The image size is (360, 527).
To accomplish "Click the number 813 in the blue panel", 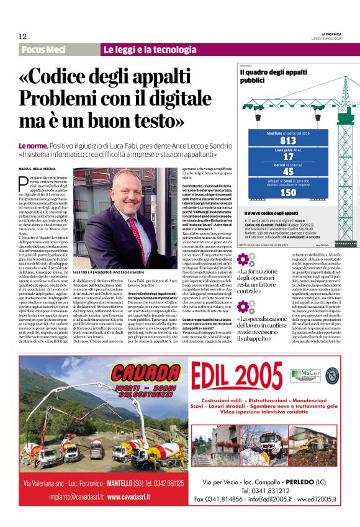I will [288, 140].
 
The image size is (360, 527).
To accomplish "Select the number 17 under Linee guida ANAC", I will [288, 158].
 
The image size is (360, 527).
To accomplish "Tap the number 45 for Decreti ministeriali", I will [288, 173].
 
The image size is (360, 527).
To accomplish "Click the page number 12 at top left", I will [22, 37].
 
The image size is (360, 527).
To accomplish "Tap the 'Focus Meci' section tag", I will [43, 50].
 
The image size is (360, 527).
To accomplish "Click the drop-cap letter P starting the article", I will [23, 182].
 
